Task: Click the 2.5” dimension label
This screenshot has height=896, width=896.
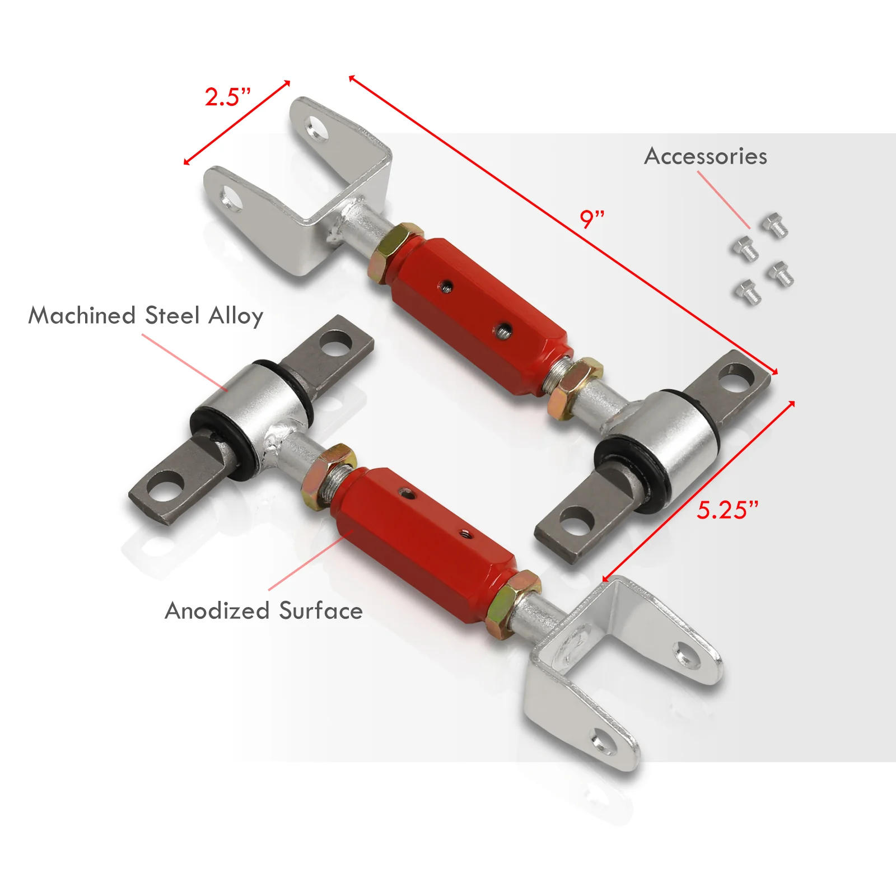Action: [227, 97]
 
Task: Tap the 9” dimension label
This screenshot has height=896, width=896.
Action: [592, 218]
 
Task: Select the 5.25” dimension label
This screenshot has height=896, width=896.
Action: [727, 510]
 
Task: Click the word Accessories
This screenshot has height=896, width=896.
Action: [706, 156]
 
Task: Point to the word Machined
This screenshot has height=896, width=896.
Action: [82, 315]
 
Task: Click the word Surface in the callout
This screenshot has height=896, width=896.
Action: [321, 610]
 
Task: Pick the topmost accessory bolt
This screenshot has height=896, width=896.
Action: [775, 226]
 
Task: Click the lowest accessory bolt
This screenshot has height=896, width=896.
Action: [748, 292]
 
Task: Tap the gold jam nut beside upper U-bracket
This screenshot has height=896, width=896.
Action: [395, 252]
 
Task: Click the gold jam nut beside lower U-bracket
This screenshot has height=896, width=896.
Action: [514, 604]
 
